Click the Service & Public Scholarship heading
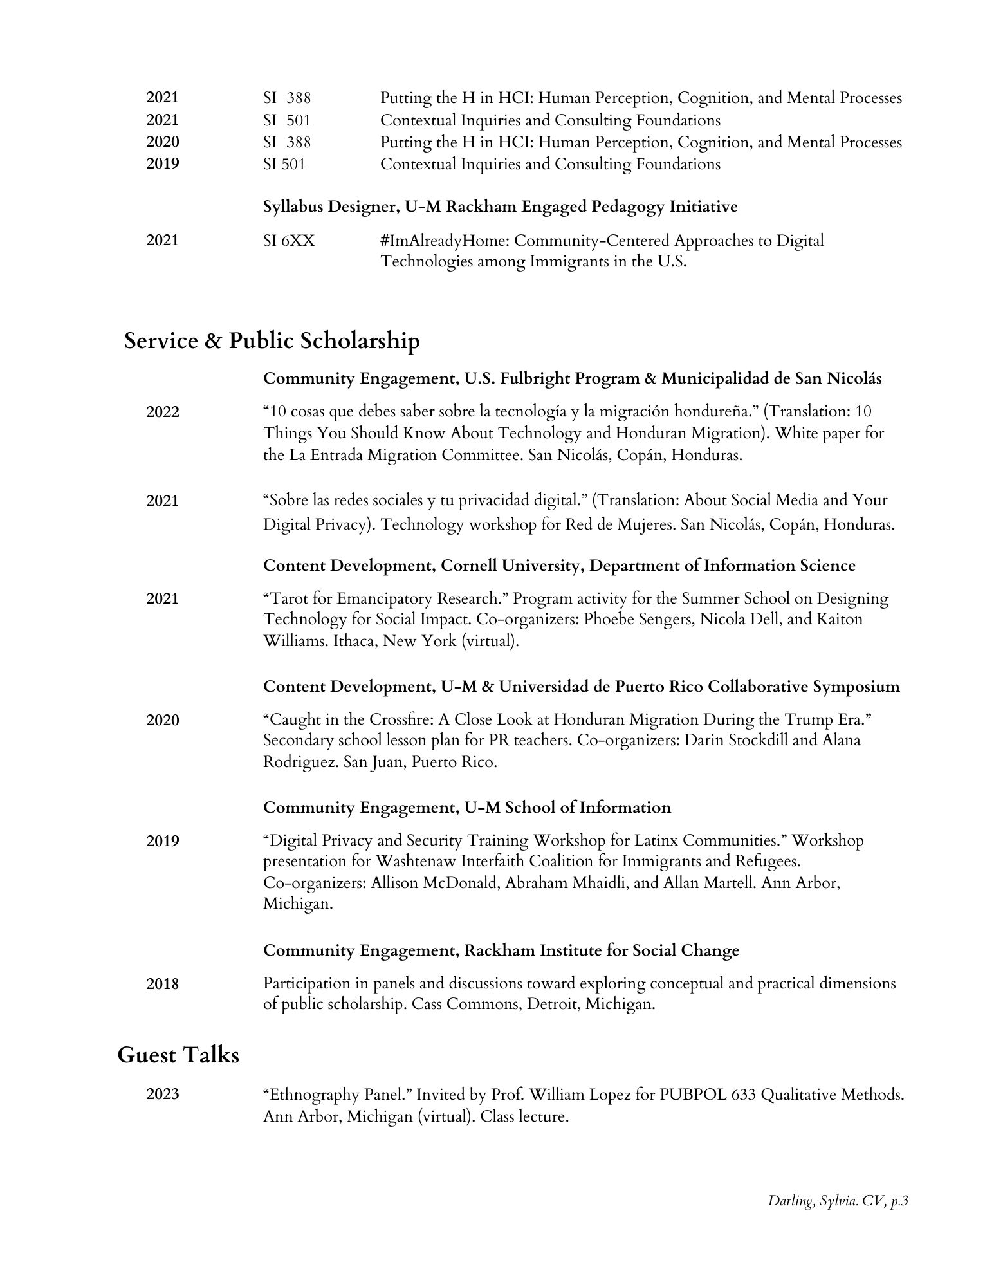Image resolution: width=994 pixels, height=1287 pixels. [x=272, y=341]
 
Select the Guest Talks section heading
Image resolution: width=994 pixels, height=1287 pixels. [x=178, y=1055]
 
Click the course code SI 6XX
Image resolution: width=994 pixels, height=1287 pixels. [x=289, y=241]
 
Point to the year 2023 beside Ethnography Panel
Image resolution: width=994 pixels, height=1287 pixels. [x=163, y=1094]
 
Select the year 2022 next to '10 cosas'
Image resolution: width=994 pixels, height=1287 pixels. [x=163, y=412]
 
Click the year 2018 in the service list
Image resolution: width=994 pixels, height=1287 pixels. [x=163, y=984]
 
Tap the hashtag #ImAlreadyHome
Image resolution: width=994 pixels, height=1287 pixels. [x=443, y=241]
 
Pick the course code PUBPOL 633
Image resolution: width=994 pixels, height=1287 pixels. [x=707, y=1094]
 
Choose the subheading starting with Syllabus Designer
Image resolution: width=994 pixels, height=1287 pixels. [x=500, y=207]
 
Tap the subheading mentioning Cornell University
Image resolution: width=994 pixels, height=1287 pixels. [x=559, y=566]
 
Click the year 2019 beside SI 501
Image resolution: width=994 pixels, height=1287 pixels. [x=163, y=164]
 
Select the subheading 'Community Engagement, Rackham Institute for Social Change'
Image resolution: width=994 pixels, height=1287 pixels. [x=501, y=950]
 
